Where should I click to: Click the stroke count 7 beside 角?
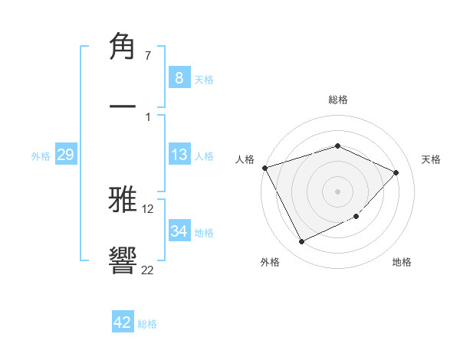click(x=147, y=57)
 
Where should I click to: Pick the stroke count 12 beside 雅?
click(x=147, y=209)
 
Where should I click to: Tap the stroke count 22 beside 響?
click(x=147, y=269)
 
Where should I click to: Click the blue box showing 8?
click(x=179, y=77)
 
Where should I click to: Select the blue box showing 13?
click(x=179, y=155)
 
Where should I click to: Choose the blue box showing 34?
click(x=179, y=231)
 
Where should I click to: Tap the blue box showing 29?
click(x=65, y=155)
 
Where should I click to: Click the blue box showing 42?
click(x=123, y=322)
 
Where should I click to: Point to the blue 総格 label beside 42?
click(x=147, y=324)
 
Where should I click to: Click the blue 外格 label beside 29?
click(x=41, y=156)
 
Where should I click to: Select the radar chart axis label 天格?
click(x=432, y=159)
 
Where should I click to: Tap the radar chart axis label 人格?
click(x=245, y=159)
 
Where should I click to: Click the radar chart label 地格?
click(x=402, y=262)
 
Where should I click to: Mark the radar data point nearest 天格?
click(x=396, y=172)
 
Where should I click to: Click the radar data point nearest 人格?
click(x=264, y=168)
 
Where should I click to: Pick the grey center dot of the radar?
click(x=337, y=191)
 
